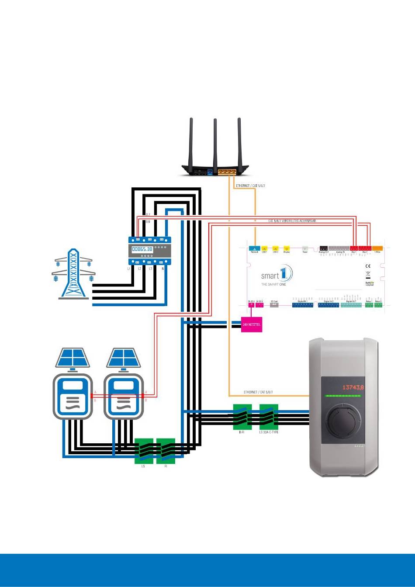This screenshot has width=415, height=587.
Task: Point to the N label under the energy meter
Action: [163, 269]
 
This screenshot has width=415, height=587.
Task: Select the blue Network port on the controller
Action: [254, 249]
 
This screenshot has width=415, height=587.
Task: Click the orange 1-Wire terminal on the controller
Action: [377, 249]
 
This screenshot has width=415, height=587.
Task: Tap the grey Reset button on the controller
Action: [304, 249]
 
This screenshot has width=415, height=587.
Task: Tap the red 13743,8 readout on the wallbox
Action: [353, 387]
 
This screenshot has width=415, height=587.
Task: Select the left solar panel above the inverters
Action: [73, 358]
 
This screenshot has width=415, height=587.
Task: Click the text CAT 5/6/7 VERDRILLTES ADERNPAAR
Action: [292, 221]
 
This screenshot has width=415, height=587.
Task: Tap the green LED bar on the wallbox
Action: [342, 397]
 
